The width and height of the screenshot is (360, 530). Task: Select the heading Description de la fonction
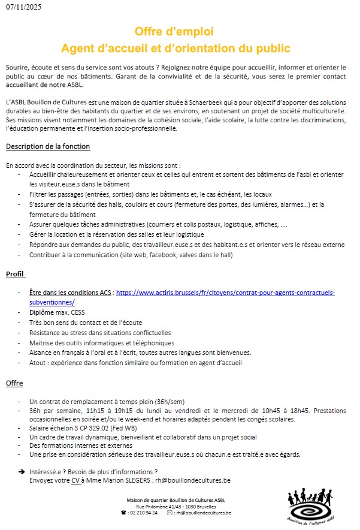pyautogui.click(x=48, y=147)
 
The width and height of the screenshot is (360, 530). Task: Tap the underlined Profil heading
pyautogui.click(x=15, y=274)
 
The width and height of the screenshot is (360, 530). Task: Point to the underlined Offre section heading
pyautogui.click(x=14, y=384)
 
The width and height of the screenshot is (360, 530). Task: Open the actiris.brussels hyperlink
pyautogui.click(x=225, y=293)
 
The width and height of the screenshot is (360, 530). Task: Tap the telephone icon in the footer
pyautogui.click(x=124, y=513)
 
